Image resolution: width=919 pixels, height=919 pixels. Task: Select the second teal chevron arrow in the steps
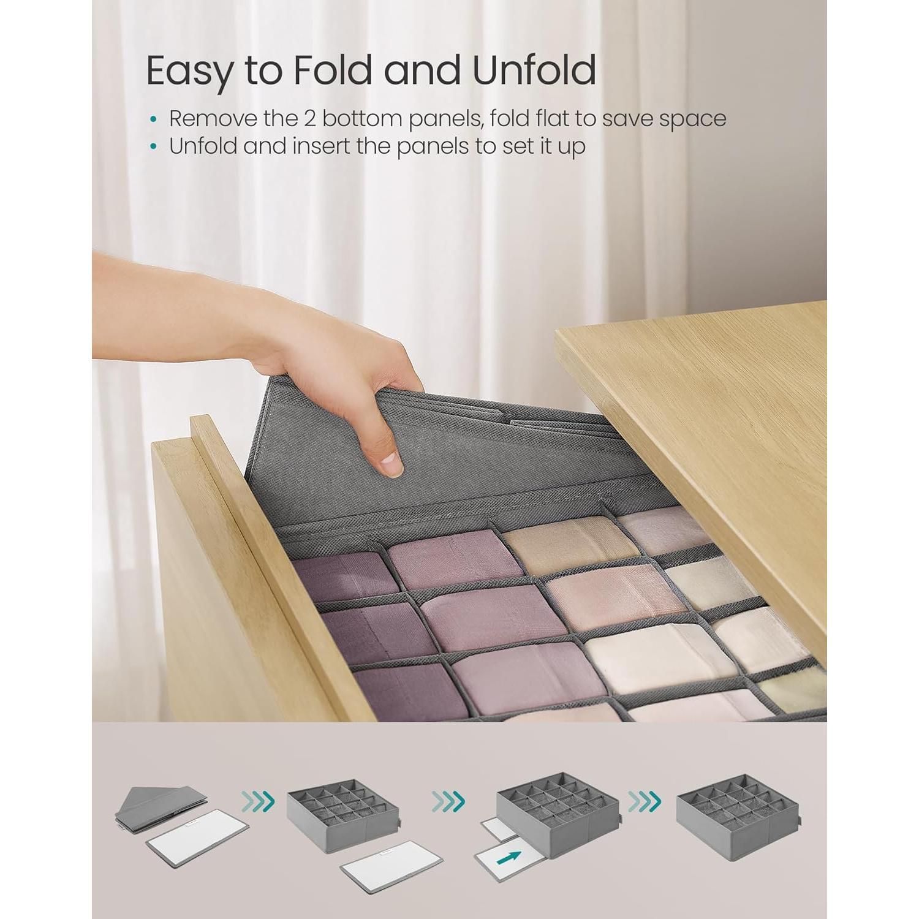tap(450, 800)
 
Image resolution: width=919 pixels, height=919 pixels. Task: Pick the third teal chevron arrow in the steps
tap(644, 800)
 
